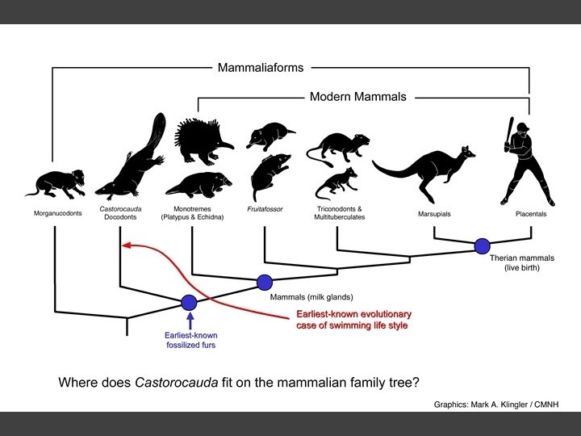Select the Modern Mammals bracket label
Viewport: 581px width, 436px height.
coord(358,97)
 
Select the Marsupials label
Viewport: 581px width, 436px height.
coord(434,216)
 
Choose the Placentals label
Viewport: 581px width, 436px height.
coord(531,216)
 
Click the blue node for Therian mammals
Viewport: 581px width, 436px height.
coord(483,245)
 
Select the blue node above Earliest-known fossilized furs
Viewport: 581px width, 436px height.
coord(190,303)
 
